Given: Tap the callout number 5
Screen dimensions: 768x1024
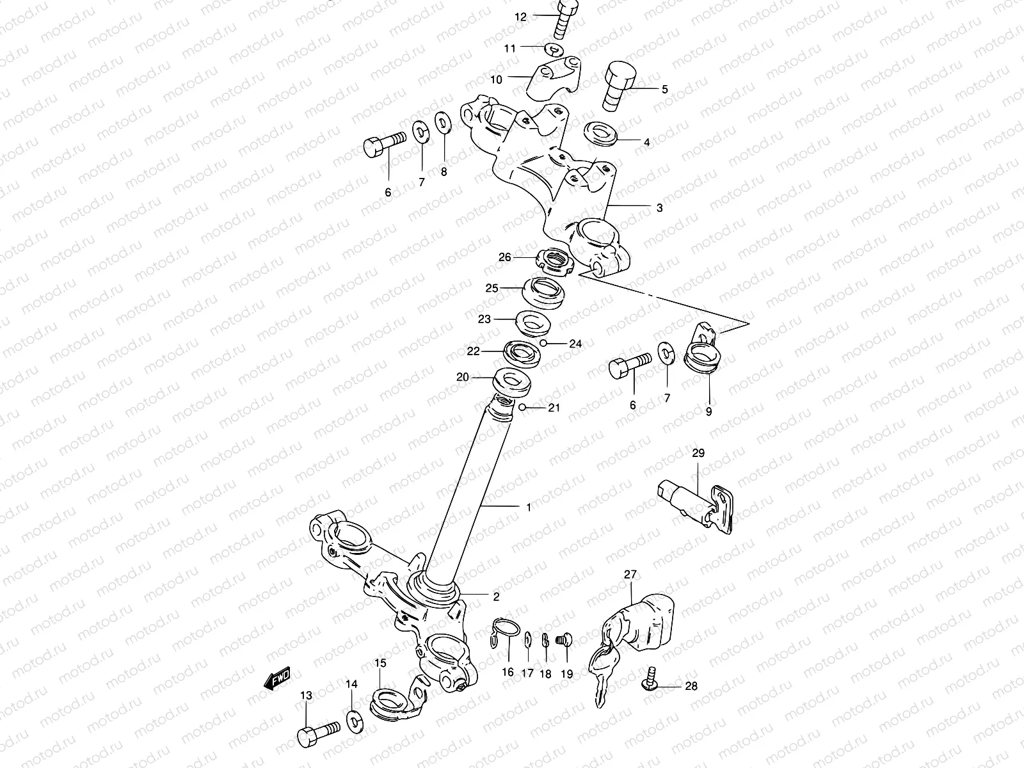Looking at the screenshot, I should pyautogui.click(x=664, y=90).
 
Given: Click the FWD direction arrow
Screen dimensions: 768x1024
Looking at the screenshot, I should pyautogui.click(x=276, y=678).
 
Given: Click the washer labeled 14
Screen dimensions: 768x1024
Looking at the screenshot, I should pyautogui.click(x=353, y=719).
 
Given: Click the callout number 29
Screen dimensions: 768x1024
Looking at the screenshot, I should pyautogui.click(x=698, y=453).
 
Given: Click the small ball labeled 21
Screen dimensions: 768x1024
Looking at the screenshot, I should pyautogui.click(x=523, y=407).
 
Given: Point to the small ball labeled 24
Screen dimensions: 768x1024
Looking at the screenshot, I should pyautogui.click(x=542, y=344).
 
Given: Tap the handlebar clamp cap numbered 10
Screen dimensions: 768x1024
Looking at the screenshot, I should pyautogui.click(x=554, y=77).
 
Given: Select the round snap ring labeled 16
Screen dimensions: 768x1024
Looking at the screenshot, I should pyautogui.click(x=504, y=628).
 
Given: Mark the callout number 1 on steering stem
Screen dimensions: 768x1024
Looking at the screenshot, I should pyautogui.click(x=529, y=507).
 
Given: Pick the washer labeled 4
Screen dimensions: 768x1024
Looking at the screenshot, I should pyautogui.click(x=601, y=135).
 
